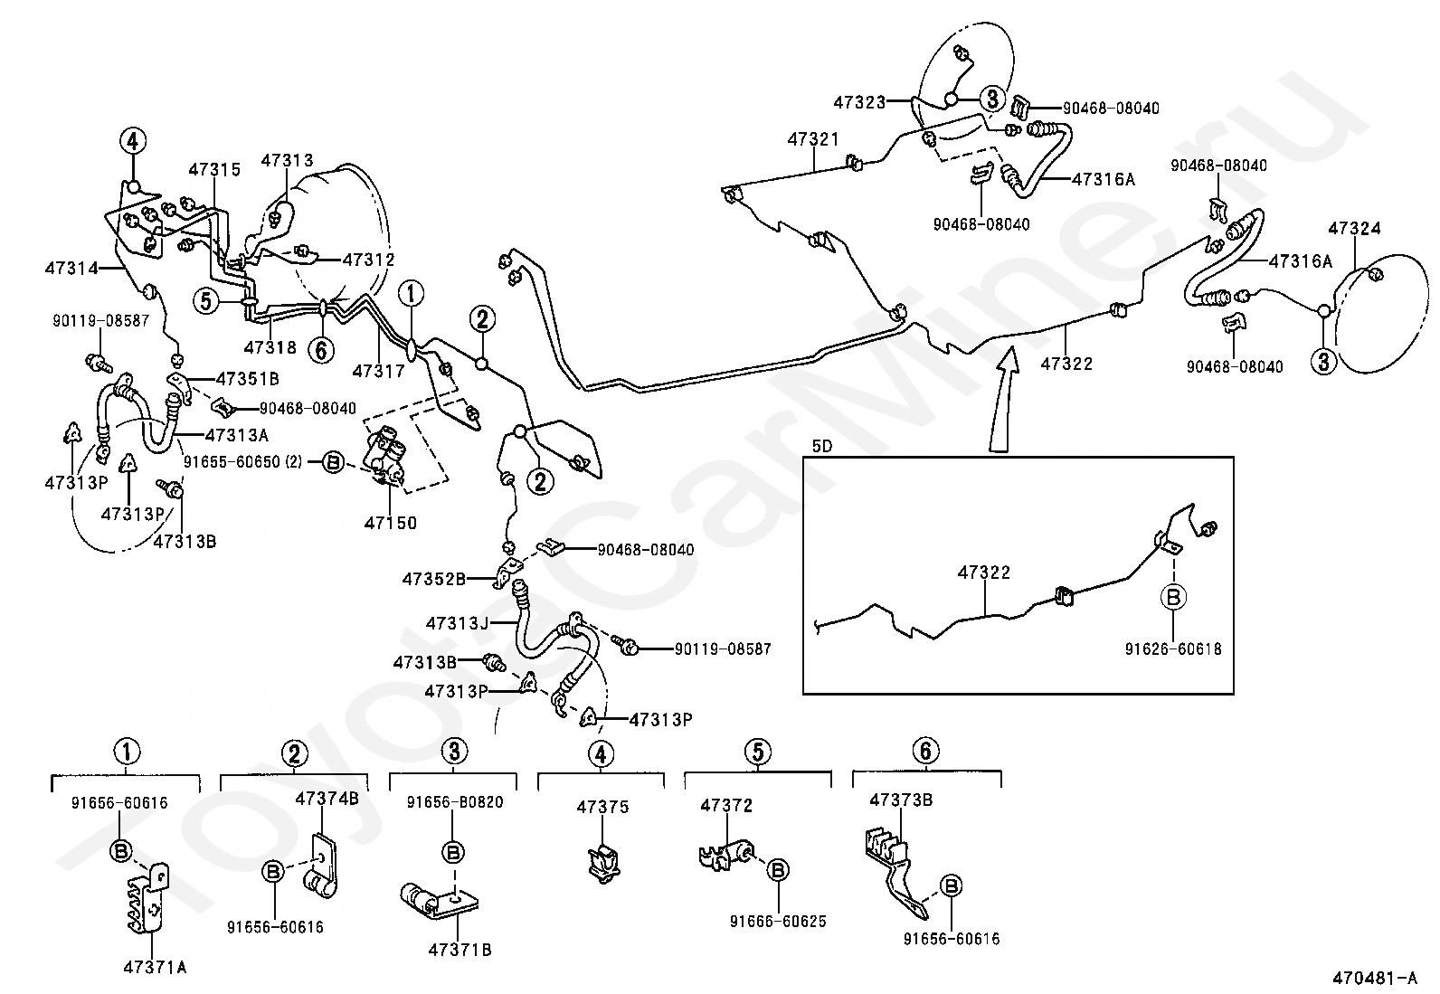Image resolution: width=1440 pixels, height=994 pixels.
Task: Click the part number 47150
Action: [x=390, y=523]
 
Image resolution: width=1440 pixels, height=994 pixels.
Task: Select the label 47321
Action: [x=812, y=139]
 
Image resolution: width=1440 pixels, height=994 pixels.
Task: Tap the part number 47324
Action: [x=1354, y=228]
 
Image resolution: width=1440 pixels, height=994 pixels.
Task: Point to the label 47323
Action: [x=859, y=102]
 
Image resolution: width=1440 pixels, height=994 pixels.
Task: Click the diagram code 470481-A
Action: [x=1374, y=978]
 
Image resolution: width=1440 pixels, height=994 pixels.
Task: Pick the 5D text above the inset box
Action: [x=821, y=445]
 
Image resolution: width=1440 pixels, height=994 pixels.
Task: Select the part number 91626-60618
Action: [x=1173, y=649]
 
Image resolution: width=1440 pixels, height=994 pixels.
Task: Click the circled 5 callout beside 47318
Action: [x=206, y=299]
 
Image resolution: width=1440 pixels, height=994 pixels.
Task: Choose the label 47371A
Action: [x=155, y=967]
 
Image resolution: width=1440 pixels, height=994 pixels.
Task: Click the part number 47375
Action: [x=602, y=807]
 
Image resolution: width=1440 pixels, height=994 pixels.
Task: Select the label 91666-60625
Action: [x=777, y=922]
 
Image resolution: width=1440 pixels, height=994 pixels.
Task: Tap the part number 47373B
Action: [x=901, y=800]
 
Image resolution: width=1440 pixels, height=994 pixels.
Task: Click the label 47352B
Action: [x=434, y=578]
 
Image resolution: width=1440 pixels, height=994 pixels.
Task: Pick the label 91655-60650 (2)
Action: [x=242, y=461]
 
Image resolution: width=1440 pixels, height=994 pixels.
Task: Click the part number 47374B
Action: [x=327, y=798]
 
